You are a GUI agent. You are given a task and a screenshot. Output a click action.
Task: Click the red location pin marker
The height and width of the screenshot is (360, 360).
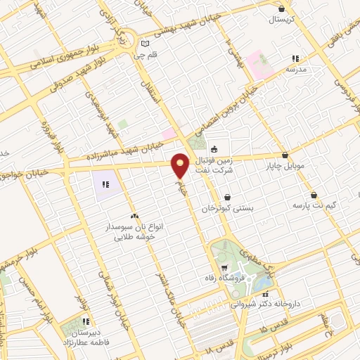coord(181,165)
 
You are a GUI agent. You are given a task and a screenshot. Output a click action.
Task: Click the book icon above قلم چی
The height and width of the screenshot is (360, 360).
coord(146,42)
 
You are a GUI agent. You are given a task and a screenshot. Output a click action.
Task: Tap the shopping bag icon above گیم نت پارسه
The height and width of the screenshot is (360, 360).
coord(314,195)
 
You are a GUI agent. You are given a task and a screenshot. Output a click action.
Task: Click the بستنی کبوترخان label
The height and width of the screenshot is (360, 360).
coord(226,209)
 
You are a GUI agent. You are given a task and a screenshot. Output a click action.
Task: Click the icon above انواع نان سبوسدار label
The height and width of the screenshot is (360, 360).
coord(134,216)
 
